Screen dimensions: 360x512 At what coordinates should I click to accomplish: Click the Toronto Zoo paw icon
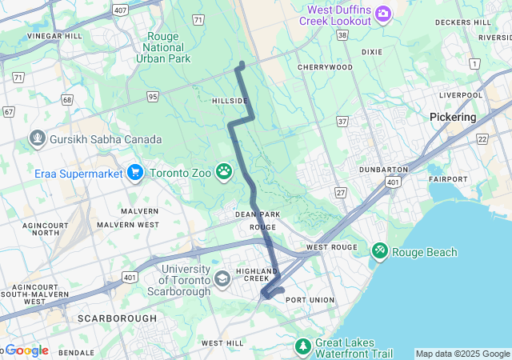tap(224, 172)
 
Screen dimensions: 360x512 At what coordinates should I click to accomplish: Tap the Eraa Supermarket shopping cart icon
tap(134, 172)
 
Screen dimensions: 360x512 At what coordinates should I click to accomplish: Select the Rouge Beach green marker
tap(380, 252)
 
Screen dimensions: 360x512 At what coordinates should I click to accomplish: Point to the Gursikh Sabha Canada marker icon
tap(37, 139)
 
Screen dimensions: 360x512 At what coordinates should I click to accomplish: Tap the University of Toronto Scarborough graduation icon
tap(222, 279)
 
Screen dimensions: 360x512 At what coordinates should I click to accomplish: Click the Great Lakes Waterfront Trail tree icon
tap(303, 346)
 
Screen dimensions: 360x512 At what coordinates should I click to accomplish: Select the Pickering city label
tap(452, 117)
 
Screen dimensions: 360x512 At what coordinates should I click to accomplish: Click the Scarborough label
tap(117, 318)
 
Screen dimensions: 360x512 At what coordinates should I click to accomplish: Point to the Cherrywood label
tap(325, 67)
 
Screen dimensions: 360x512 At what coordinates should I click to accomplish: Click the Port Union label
tap(307, 300)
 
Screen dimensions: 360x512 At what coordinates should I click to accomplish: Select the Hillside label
tap(227, 101)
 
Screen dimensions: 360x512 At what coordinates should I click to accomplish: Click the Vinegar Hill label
tap(54, 36)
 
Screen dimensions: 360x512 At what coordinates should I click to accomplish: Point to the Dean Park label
tap(257, 214)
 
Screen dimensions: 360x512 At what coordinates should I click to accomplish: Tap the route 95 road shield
tap(152, 97)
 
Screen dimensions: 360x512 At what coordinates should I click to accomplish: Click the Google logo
tap(26, 350)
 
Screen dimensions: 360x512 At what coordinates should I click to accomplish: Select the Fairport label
tap(448, 178)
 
